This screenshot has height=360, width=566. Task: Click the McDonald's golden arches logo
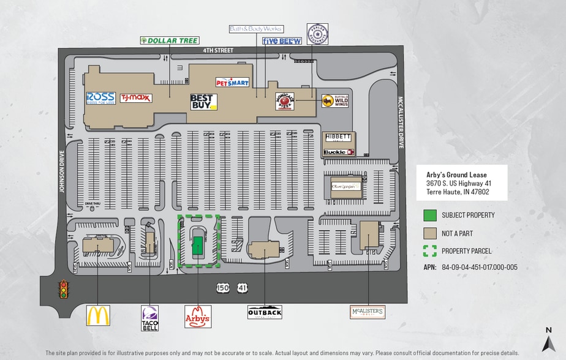click(98, 315)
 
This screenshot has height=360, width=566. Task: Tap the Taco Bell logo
click(150, 318)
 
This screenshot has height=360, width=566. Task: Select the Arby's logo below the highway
click(198, 317)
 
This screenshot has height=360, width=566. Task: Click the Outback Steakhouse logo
click(265, 312)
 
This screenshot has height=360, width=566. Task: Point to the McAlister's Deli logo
click(368, 312)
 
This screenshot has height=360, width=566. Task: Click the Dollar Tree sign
click(170, 41)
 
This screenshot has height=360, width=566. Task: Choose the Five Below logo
click(282, 41)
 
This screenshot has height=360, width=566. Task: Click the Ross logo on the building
click(101, 98)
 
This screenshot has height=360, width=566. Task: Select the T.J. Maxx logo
click(136, 98)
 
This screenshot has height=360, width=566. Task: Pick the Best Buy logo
click(203, 102)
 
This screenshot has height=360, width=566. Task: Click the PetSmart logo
click(232, 81)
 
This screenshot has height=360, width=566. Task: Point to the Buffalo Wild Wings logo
click(336, 101)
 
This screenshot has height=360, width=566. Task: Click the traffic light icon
click(63, 289)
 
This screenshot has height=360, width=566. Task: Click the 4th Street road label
click(221, 51)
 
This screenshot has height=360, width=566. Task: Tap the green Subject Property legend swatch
click(430, 216)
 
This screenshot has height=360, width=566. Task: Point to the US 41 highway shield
click(243, 287)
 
